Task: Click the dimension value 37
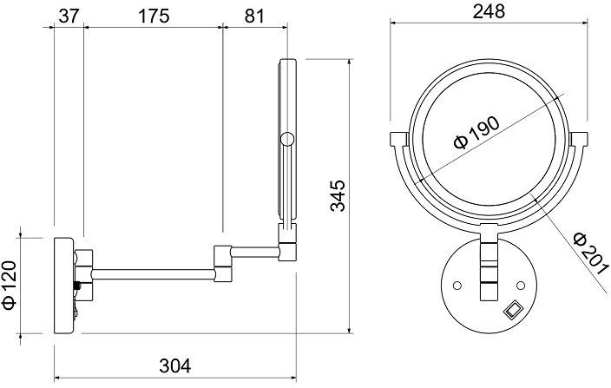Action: (x=69, y=16)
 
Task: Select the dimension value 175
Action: (x=154, y=16)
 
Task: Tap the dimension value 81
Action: (x=254, y=16)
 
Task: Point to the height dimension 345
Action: (x=338, y=195)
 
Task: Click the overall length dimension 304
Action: (x=175, y=365)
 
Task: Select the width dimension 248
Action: (x=489, y=11)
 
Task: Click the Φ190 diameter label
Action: (x=476, y=133)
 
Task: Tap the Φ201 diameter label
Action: (x=591, y=253)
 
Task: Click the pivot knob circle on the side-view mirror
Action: (x=287, y=139)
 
